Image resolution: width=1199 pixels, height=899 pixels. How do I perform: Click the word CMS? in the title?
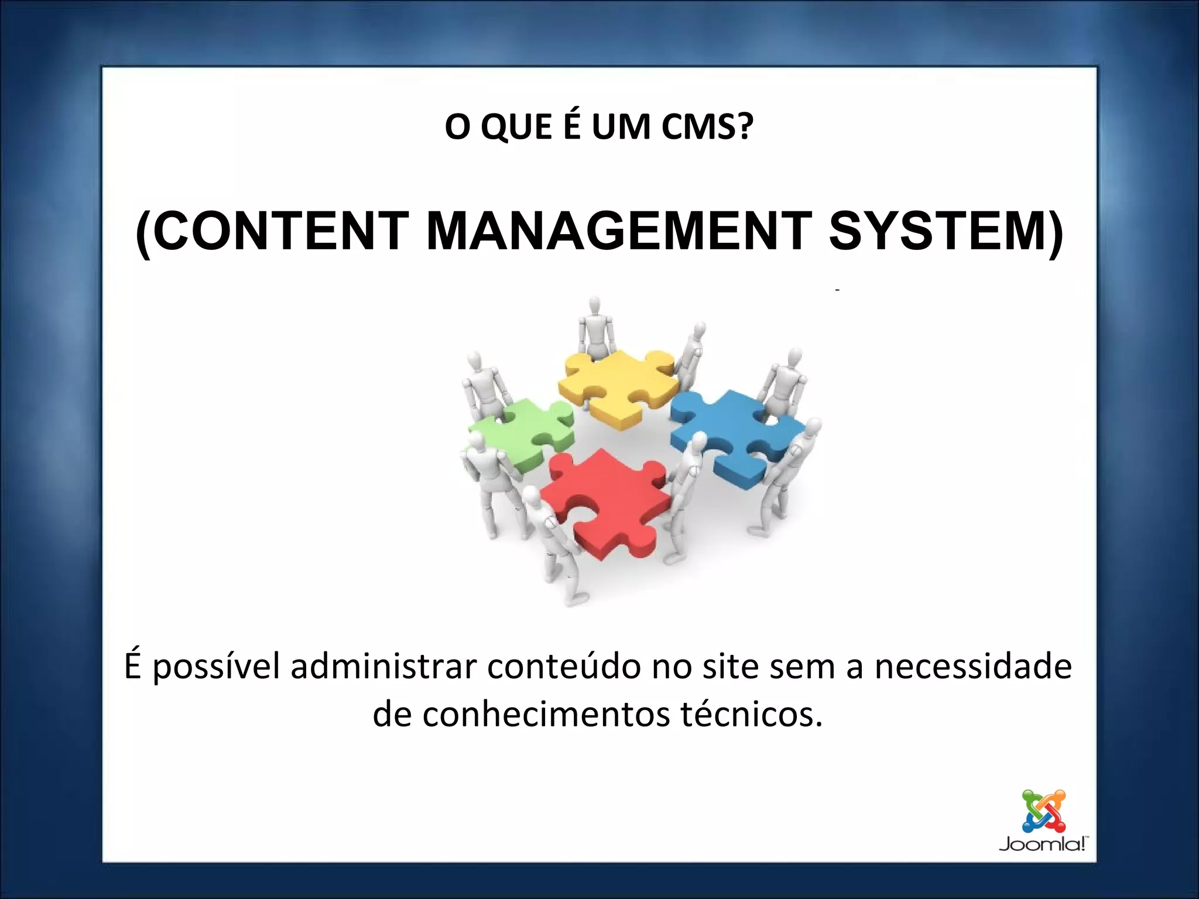click(x=707, y=126)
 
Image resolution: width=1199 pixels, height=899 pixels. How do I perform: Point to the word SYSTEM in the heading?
click(x=938, y=231)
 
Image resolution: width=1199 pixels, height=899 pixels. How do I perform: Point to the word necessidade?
click(x=973, y=667)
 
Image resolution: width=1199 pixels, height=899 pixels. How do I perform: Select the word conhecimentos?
click(x=546, y=715)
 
